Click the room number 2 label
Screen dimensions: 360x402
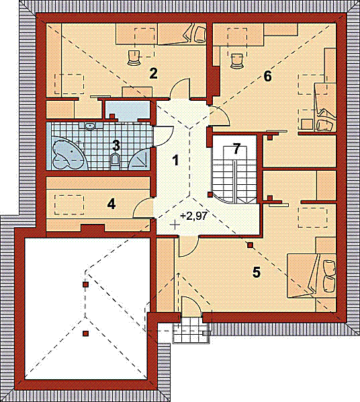(153, 74)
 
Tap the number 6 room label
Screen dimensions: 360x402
(267, 76)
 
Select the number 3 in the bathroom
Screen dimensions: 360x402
(116, 146)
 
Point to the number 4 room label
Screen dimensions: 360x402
(111, 204)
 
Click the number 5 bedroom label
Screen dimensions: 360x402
(257, 272)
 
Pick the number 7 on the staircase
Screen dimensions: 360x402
(236, 149)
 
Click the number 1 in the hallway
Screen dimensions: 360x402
(175, 161)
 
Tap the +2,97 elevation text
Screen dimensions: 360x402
(193, 216)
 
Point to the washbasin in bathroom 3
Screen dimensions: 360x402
(89, 126)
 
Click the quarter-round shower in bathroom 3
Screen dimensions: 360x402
(139, 159)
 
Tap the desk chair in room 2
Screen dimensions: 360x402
(134, 58)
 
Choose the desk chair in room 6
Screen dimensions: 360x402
(237, 61)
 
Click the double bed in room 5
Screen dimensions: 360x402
(312, 276)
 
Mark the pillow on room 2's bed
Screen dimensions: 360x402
(200, 34)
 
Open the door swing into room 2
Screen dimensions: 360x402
(180, 89)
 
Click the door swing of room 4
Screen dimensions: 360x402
(142, 208)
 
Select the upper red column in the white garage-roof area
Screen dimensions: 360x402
(85, 284)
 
